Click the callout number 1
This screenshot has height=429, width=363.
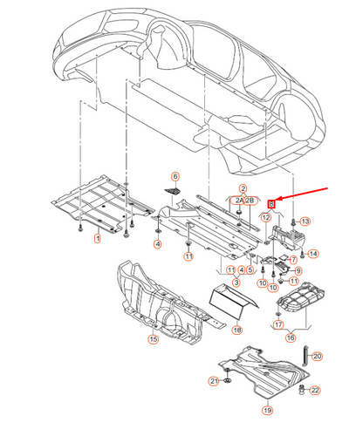pos(97,238)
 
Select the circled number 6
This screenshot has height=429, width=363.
pos(175,177)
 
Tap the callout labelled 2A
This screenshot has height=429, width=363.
pos(237,201)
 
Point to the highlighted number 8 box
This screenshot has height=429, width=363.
pos(271,203)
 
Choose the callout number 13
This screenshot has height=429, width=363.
pos(305,223)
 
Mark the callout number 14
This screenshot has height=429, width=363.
pos(315,253)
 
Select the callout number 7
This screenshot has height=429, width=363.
pos(293,260)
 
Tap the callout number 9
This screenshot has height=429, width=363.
pos(298,271)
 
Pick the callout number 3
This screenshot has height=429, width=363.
pos(235,283)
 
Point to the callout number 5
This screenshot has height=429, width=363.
pos(250,270)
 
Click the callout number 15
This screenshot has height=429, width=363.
pos(152,338)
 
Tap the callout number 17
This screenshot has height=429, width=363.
pos(278,324)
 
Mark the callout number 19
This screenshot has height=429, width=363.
pos(267,409)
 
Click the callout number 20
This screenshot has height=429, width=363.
pos(317,356)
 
